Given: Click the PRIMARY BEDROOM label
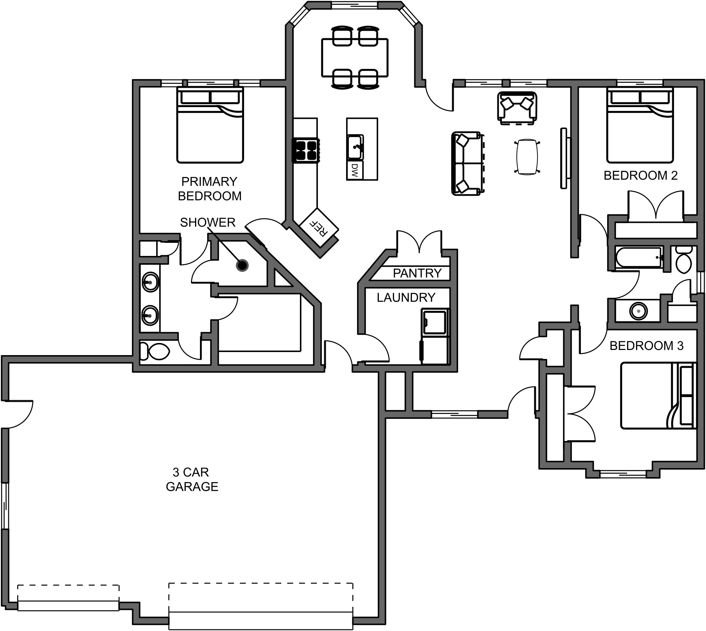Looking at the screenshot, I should [x=210, y=189].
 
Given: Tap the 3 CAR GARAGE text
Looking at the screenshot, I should [x=192, y=479].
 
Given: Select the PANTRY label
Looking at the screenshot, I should [x=417, y=273].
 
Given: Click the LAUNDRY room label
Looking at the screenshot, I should [x=405, y=298].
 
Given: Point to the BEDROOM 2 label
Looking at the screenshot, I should [x=641, y=175].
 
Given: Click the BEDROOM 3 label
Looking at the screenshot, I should [x=646, y=346].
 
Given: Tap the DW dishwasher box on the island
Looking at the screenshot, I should [x=354, y=170].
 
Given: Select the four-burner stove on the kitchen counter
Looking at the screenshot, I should [x=305, y=151].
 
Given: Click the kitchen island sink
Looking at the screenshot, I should [x=355, y=147].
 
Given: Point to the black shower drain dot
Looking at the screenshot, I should [x=242, y=266].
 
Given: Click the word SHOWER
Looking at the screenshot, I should [x=208, y=222].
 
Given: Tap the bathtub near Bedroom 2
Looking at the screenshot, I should [x=638, y=258].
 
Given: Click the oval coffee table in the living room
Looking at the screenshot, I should [x=527, y=157].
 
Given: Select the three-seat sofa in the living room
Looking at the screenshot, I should [x=467, y=164].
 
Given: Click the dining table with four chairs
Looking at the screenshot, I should [x=355, y=58].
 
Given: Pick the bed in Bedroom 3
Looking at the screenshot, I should [x=658, y=396].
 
